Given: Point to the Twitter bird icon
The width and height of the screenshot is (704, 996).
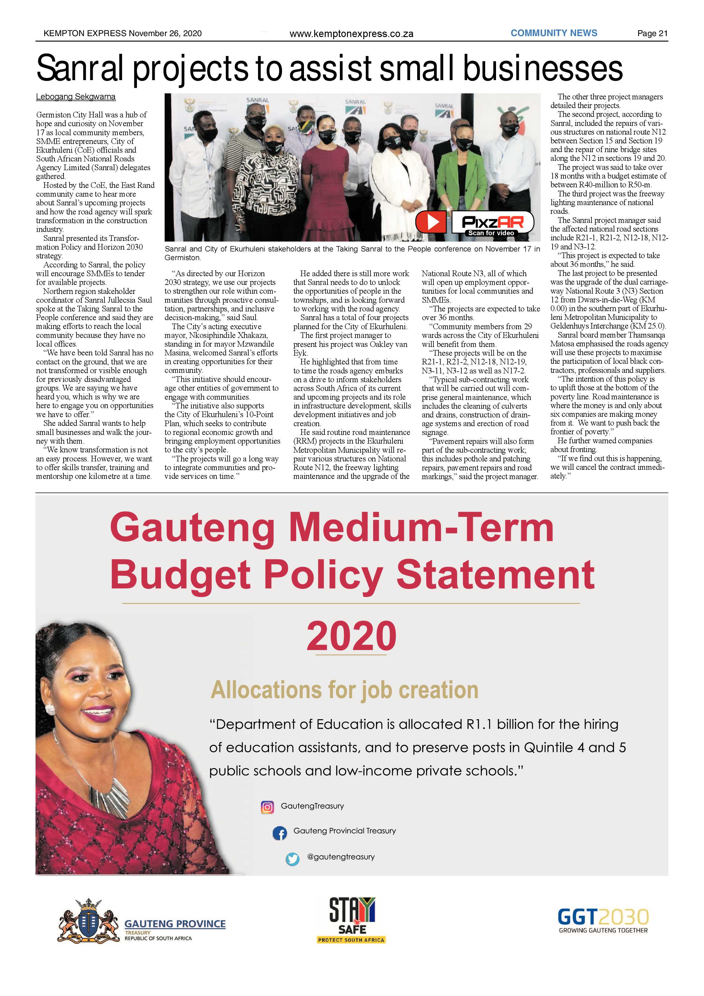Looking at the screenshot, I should pos(293,859).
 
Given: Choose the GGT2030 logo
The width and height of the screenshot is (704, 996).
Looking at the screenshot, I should pos(603,920).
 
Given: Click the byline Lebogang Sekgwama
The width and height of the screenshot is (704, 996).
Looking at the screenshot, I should pos(76,97).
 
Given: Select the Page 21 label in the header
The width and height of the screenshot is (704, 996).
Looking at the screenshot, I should pos(652,33).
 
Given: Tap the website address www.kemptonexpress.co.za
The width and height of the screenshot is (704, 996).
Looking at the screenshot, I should pos(351,34).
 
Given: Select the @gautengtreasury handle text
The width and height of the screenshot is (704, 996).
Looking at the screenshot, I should pos(341,857).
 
